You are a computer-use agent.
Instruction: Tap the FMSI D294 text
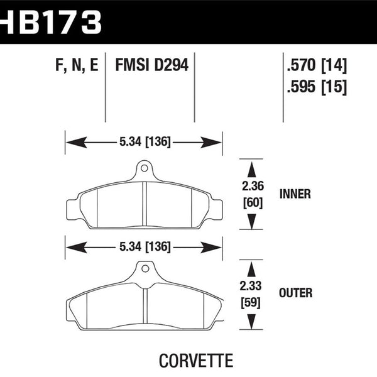151,65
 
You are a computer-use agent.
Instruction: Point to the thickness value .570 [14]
316,65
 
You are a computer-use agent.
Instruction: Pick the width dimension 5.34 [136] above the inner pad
145,143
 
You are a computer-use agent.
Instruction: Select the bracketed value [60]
251,202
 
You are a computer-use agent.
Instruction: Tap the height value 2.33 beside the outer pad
251,287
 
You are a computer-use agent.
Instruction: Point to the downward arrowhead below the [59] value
251,321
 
